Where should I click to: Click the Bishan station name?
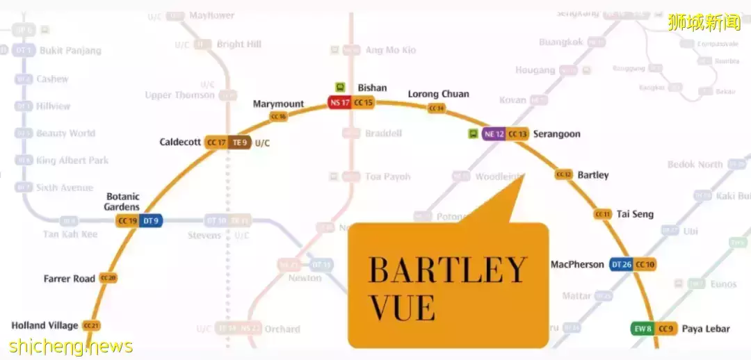tap(372, 88)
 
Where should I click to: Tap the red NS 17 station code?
tap(340, 103)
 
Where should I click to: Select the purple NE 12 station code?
tap(494, 134)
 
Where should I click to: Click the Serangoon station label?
tap(556, 134)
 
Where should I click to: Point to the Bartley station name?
tap(592, 175)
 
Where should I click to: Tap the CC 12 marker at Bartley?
tap(564, 174)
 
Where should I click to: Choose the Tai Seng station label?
tap(635, 214)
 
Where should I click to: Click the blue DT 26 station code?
tap(621, 264)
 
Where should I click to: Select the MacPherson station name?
tap(577, 264)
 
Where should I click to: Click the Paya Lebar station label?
tap(705, 329)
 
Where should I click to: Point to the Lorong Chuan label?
tap(438, 94)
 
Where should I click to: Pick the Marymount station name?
tap(278, 104)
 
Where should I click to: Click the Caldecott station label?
tap(180, 142)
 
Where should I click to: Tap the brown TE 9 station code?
tap(240, 142)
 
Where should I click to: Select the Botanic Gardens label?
tap(122, 202)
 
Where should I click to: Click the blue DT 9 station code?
tap(150, 221)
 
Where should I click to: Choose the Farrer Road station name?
tap(70, 279)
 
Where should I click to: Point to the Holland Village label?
tap(45, 325)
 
